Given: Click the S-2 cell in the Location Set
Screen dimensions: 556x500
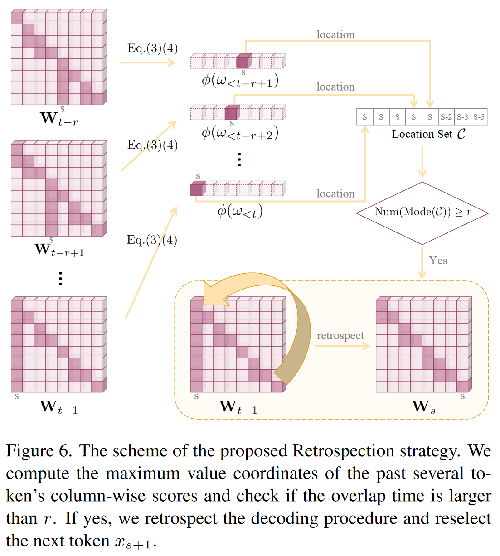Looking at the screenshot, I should [446, 117].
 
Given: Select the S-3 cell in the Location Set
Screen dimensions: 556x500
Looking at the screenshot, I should [462, 117].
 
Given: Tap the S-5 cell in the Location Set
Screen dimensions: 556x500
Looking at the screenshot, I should [479, 117].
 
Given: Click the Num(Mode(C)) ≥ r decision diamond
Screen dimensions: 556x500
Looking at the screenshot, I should [422, 213].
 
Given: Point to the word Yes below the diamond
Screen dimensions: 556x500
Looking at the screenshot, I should [438, 261].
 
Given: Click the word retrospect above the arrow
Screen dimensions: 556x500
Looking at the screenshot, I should [340, 336].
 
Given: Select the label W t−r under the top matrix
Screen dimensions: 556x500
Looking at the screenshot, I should [58, 118].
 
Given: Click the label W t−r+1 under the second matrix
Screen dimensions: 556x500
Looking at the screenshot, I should [59, 250].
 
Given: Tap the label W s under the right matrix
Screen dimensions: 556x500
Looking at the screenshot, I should [423, 407].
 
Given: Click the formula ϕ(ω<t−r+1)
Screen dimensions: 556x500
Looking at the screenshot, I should [240, 81].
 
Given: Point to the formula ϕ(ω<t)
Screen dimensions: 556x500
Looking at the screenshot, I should [240, 211].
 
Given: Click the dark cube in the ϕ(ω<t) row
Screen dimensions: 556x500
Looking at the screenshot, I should [197, 189].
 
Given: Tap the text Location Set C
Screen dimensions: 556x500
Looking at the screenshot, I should [428, 134].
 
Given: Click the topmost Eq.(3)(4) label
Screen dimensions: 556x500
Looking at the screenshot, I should [152, 48].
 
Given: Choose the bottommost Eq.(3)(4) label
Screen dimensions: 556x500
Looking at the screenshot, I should [152, 240].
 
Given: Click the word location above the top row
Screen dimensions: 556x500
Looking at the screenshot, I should [335, 34].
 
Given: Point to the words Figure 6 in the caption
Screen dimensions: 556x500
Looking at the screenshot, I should [39, 451].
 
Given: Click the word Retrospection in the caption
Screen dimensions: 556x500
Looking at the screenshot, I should [343, 451].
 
